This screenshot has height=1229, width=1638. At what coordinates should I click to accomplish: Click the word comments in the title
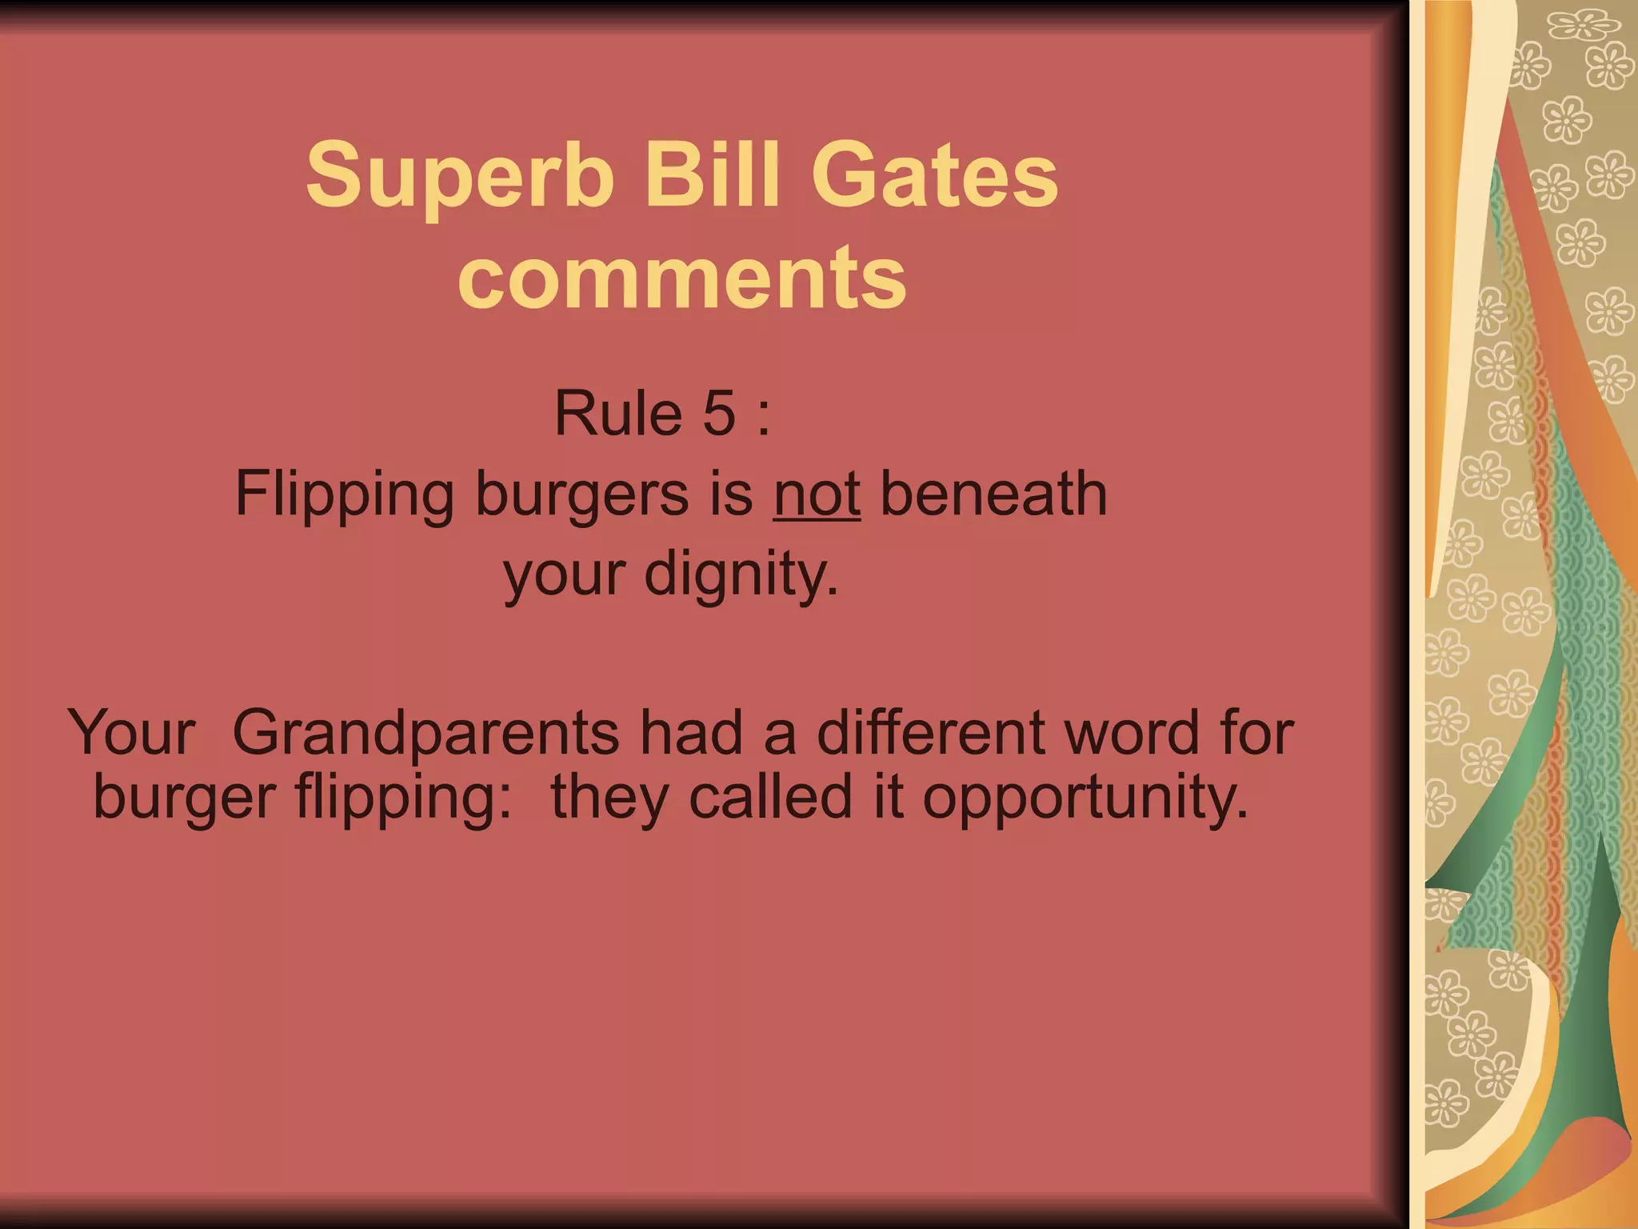tap(682, 277)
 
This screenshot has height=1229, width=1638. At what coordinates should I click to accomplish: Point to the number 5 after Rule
tap(719, 414)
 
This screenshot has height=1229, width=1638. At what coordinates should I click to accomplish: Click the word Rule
tap(618, 414)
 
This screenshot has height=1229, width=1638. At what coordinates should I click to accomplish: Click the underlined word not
tap(816, 494)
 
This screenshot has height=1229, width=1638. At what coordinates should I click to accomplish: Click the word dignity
tap(741, 574)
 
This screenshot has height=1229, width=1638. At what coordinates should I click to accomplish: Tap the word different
tap(933, 731)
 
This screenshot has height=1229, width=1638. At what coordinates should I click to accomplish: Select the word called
tap(771, 797)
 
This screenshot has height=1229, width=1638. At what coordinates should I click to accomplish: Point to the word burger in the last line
tap(185, 799)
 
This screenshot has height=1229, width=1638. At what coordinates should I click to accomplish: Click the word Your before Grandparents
tap(132, 733)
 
